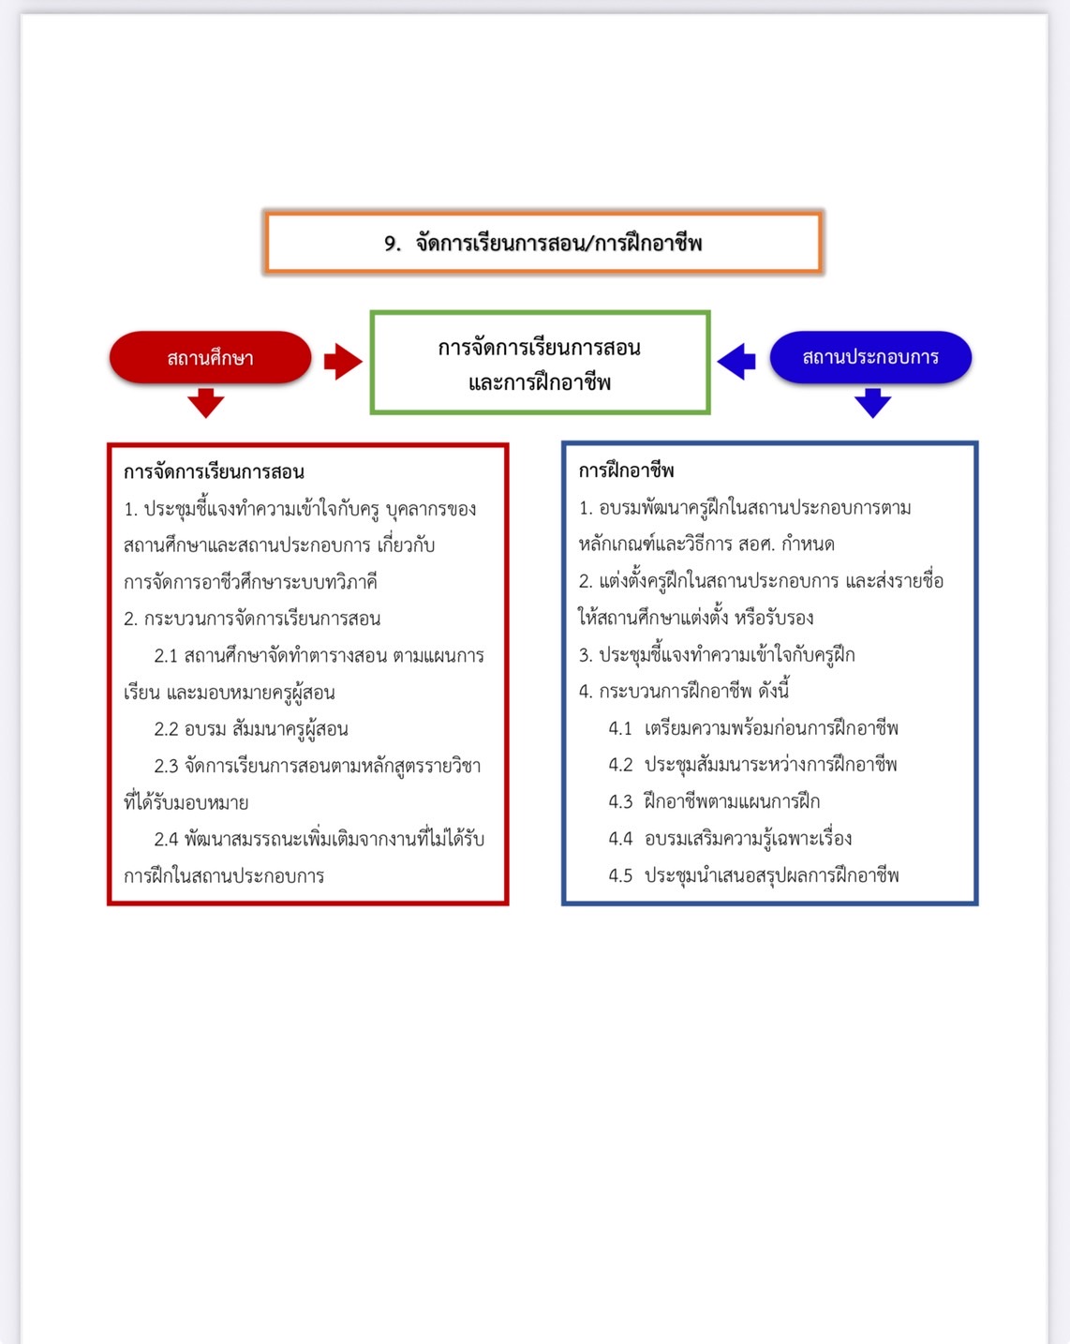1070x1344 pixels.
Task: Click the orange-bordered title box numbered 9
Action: [542, 243]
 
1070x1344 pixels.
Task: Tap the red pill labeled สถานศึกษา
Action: [211, 357]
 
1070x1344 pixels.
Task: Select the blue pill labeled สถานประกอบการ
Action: [870, 356]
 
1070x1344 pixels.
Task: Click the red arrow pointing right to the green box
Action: [343, 361]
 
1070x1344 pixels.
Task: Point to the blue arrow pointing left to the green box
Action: [736, 361]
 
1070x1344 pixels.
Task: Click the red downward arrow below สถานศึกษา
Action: [206, 403]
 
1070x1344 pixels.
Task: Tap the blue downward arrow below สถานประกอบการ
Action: [872, 403]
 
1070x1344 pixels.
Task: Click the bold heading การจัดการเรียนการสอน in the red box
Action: [214, 471]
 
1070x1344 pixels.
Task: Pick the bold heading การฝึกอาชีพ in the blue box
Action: [626, 470]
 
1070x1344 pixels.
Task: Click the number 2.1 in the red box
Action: [166, 656]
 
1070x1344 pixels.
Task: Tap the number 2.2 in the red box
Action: [166, 729]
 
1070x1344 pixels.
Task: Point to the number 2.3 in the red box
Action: [166, 766]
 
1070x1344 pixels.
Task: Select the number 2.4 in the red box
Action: [166, 839]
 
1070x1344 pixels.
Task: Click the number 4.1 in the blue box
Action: [620, 728]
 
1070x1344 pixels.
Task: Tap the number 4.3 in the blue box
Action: [620, 802]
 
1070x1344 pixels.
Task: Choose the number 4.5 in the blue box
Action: [620, 875]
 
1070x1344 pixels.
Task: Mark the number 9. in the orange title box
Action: [393, 243]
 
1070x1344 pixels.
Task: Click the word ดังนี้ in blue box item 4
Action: [774, 690]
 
